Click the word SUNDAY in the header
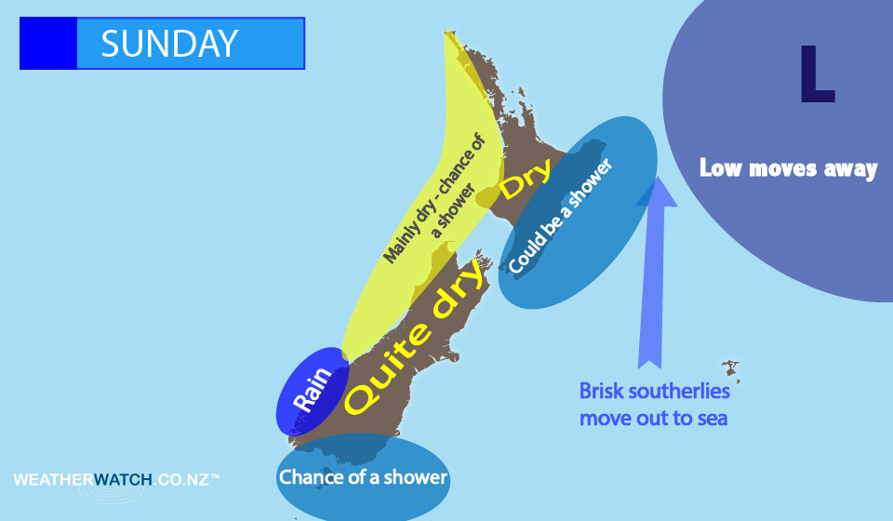pyautogui.click(x=169, y=44)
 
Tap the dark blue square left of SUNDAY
pyautogui.click(x=48, y=44)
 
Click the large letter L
pyautogui.click(x=818, y=73)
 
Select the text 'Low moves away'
pyautogui.click(x=788, y=168)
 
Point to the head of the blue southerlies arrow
pyautogui.click(x=658, y=191)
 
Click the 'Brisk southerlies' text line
pyautogui.click(x=654, y=391)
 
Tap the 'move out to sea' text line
pyautogui.click(x=653, y=419)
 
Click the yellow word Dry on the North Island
pyautogui.click(x=525, y=179)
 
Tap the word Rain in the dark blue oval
pyautogui.click(x=313, y=389)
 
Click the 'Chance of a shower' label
pyautogui.click(x=363, y=477)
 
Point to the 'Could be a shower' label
pyautogui.click(x=560, y=215)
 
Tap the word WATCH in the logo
pyautogui.click(x=123, y=479)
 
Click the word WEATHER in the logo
pyautogui.click(x=53, y=479)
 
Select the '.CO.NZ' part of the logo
pyautogui.click(x=181, y=479)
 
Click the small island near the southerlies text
pyautogui.click(x=731, y=370)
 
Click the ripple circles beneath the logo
pyautogui.click(x=112, y=493)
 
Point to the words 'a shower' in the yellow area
pyautogui.click(x=453, y=210)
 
